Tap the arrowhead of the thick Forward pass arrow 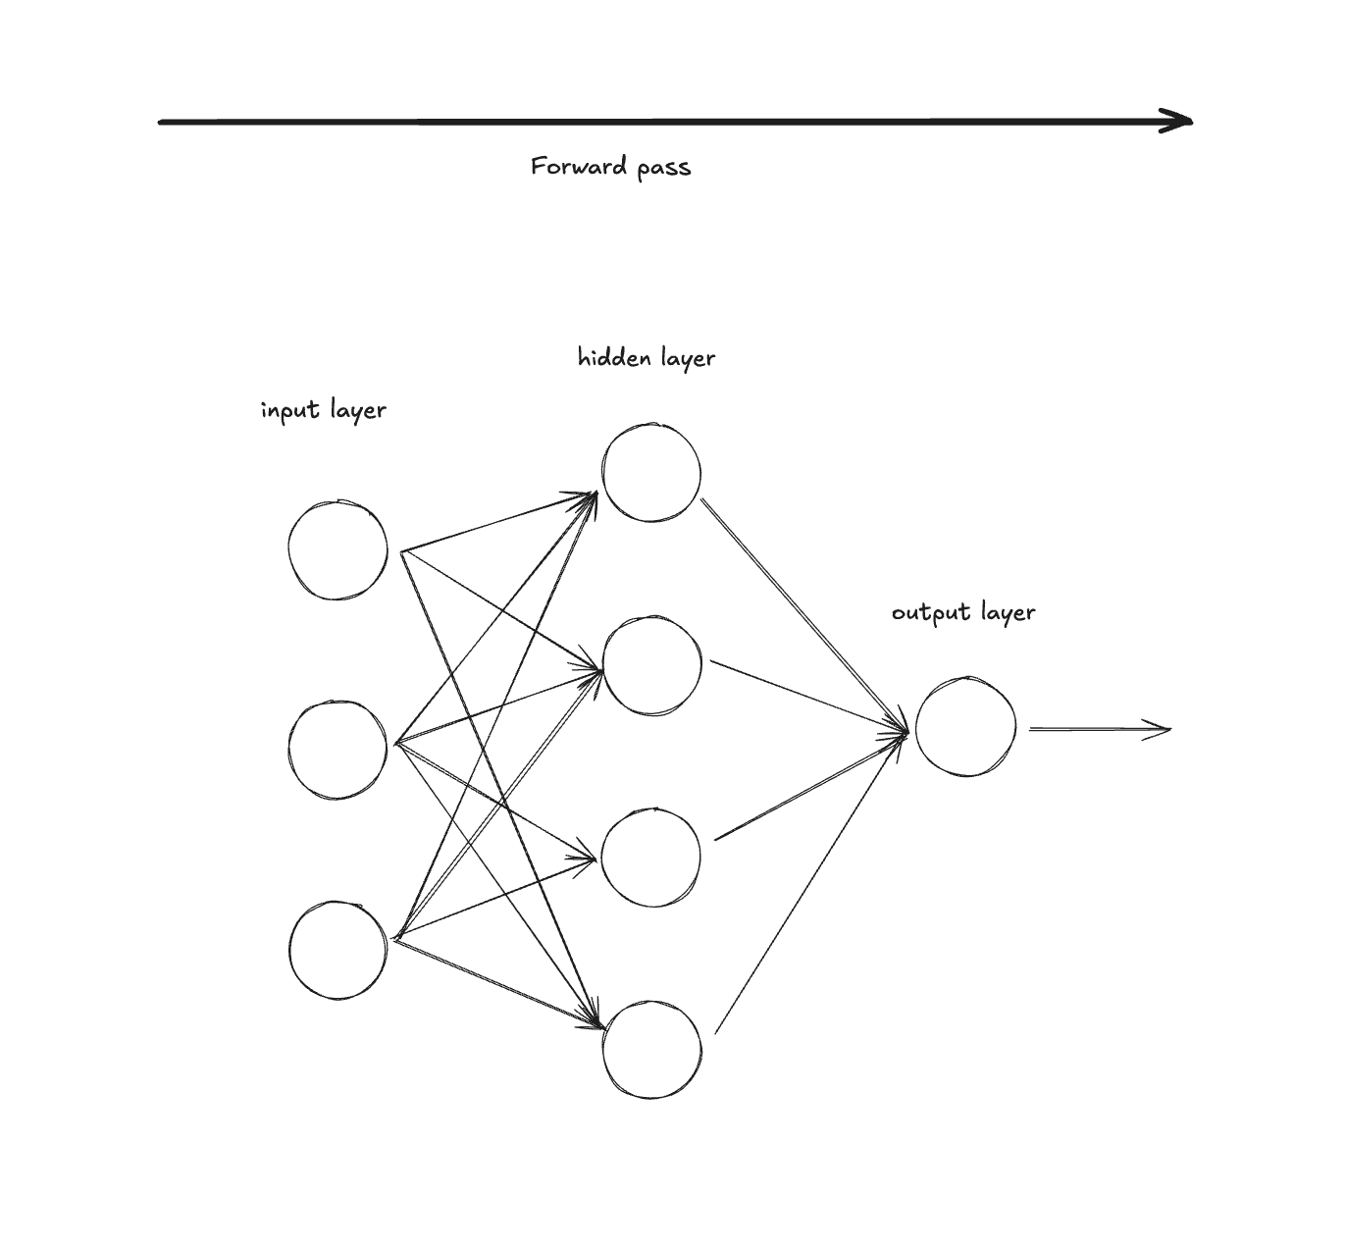coord(1177,122)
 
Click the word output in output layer coord(923,613)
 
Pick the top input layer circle coord(338,549)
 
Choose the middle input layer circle coord(338,749)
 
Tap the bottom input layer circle coord(338,950)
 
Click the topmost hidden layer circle coord(651,473)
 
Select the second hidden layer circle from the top coord(651,666)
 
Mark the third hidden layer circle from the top coord(651,857)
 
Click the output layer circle coord(965,727)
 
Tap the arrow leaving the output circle coord(1099,729)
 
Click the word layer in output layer coord(1006,613)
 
